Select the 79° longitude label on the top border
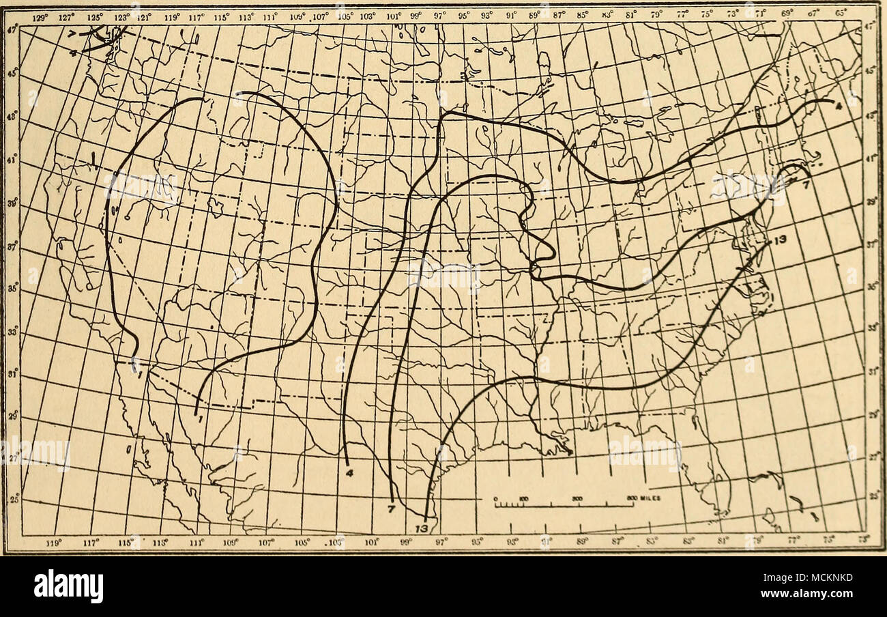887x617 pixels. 656,12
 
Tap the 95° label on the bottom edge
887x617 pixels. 478,544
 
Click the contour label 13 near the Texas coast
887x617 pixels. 422,529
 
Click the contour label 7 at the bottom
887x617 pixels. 392,508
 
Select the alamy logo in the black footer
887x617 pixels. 68,586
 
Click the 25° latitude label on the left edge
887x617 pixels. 14,503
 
